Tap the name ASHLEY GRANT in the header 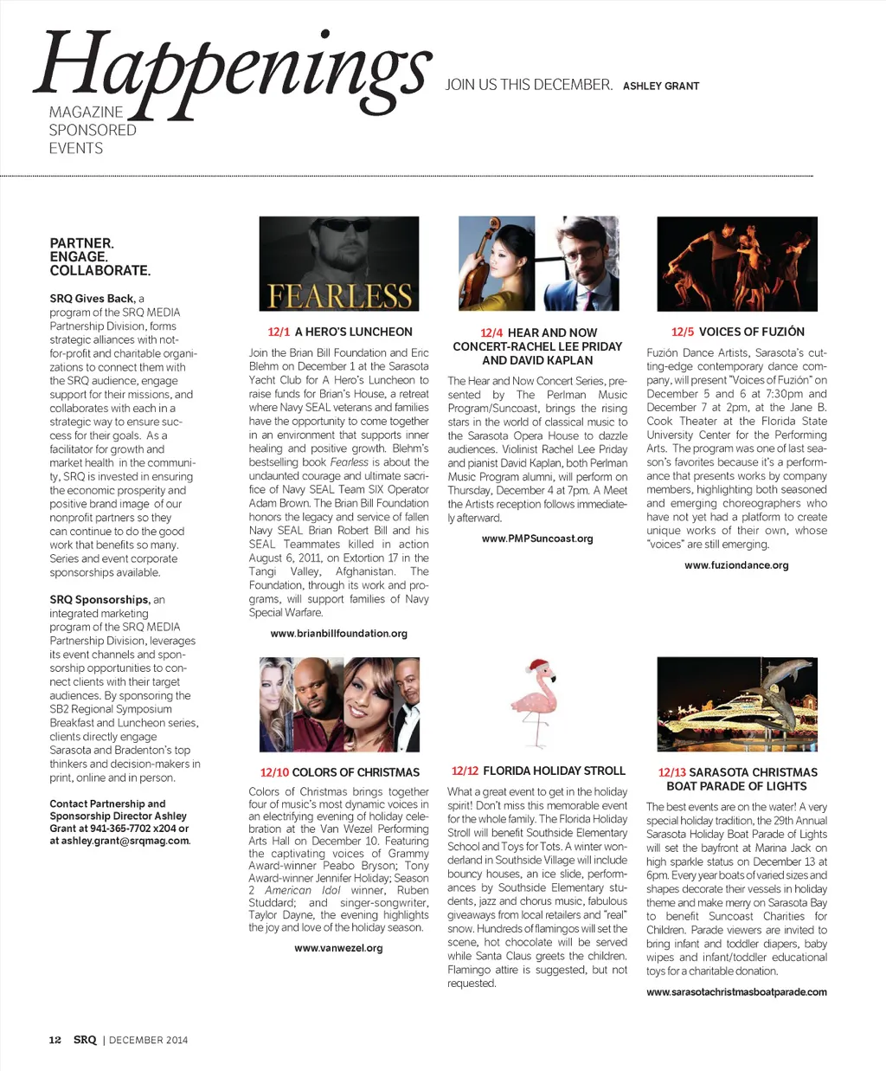pyautogui.click(x=660, y=87)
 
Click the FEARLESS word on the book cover pyautogui.click(x=339, y=296)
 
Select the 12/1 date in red pyautogui.click(x=279, y=332)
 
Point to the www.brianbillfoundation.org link pyautogui.click(x=338, y=634)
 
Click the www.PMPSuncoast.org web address pyautogui.click(x=537, y=539)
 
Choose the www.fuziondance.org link pyautogui.click(x=736, y=565)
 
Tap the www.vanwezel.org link pyautogui.click(x=338, y=948)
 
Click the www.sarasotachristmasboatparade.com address pyautogui.click(x=736, y=992)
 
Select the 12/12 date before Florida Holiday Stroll pyautogui.click(x=465, y=771)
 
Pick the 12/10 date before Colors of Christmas pyautogui.click(x=274, y=772)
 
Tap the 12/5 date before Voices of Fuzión pyautogui.click(x=683, y=332)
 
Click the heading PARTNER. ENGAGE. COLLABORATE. pyautogui.click(x=100, y=257)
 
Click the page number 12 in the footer pyautogui.click(x=55, y=1040)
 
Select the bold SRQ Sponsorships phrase pyautogui.click(x=100, y=599)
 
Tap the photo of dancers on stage pyautogui.click(x=737, y=263)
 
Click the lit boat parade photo pyautogui.click(x=737, y=704)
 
